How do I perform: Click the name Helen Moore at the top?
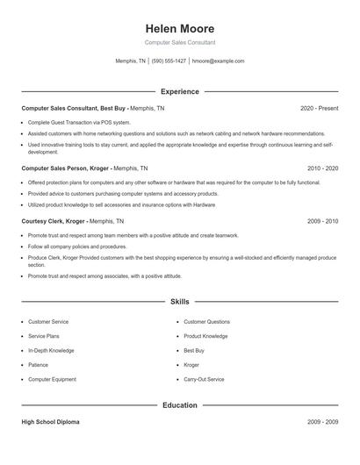coord(179,27)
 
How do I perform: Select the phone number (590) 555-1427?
coord(169,61)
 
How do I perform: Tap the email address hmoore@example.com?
coord(218,61)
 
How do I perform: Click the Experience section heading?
coord(179,91)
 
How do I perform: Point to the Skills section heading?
coord(179,302)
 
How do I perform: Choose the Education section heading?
coord(179,405)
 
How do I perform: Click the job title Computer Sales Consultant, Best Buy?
coord(75,108)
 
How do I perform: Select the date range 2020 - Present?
coord(319,108)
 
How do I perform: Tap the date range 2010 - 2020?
coord(322,167)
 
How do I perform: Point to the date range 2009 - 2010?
coord(322,222)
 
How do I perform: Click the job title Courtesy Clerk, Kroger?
coord(54,222)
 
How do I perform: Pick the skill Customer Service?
coord(48,322)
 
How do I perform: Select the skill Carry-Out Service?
coord(204,379)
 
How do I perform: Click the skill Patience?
coord(38,365)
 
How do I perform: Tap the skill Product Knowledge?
coord(205,336)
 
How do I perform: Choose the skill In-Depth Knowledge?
coord(50,351)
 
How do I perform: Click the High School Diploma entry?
coord(50,422)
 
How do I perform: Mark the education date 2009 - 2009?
coord(322,422)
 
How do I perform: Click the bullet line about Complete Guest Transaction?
coord(79,122)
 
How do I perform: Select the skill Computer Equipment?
coord(53,379)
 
